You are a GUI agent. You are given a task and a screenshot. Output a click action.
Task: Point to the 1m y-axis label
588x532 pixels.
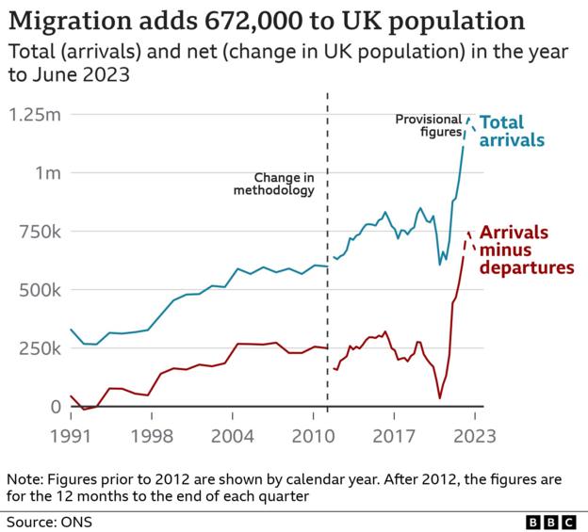[45, 173]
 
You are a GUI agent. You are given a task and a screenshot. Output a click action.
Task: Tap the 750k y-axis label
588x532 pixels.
[37, 232]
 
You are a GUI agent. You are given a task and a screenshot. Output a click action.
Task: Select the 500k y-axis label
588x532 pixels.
[37, 290]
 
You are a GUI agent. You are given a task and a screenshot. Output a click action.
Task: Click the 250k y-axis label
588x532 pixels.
[37, 348]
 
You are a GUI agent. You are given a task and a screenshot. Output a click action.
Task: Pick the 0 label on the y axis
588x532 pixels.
[56, 407]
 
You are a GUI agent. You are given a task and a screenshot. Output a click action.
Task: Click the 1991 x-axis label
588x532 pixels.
[72, 436]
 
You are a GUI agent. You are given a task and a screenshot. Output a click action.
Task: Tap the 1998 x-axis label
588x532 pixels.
[151, 436]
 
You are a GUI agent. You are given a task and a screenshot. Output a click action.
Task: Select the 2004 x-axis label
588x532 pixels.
[232, 436]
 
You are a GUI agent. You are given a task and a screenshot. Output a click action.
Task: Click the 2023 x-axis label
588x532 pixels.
[474, 436]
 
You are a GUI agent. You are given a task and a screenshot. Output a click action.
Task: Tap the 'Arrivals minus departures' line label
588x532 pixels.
[527, 250]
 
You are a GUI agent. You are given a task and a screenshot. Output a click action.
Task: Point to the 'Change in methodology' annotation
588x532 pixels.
[273, 184]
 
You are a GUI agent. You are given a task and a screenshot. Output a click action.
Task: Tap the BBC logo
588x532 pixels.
[548, 521]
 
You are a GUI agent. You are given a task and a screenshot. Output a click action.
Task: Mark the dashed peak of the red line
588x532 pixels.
[469, 232]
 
